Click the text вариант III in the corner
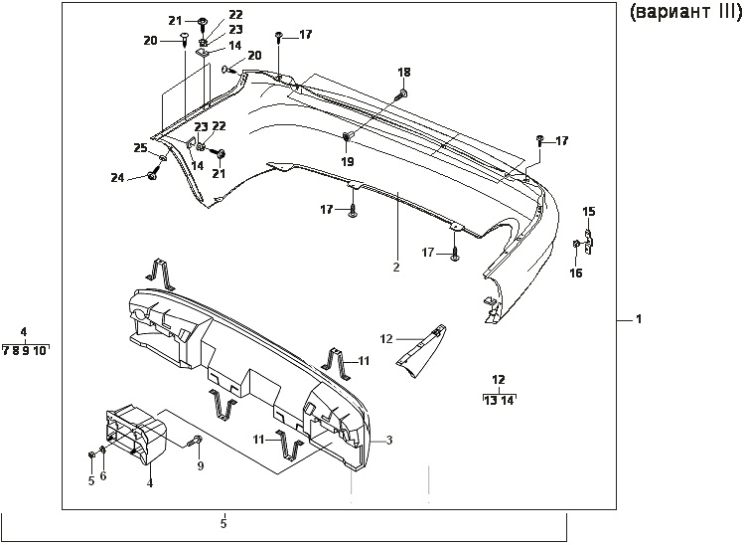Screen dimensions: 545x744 click(x=684, y=14)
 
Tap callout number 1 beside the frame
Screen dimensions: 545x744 click(x=639, y=319)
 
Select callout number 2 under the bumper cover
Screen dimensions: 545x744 click(x=395, y=268)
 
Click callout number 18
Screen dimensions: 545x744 click(x=403, y=73)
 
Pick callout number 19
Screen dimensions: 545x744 click(x=348, y=160)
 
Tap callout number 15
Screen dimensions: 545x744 click(x=589, y=211)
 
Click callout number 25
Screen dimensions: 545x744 click(x=140, y=148)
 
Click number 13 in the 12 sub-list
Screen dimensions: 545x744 click(x=489, y=401)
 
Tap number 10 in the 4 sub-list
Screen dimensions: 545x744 click(x=39, y=350)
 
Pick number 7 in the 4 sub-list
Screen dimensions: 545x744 click(x=6, y=350)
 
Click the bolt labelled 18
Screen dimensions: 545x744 click(x=401, y=94)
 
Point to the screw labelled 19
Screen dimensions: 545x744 click(x=349, y=137)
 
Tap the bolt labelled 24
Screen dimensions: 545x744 click(x=151, y=176)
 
